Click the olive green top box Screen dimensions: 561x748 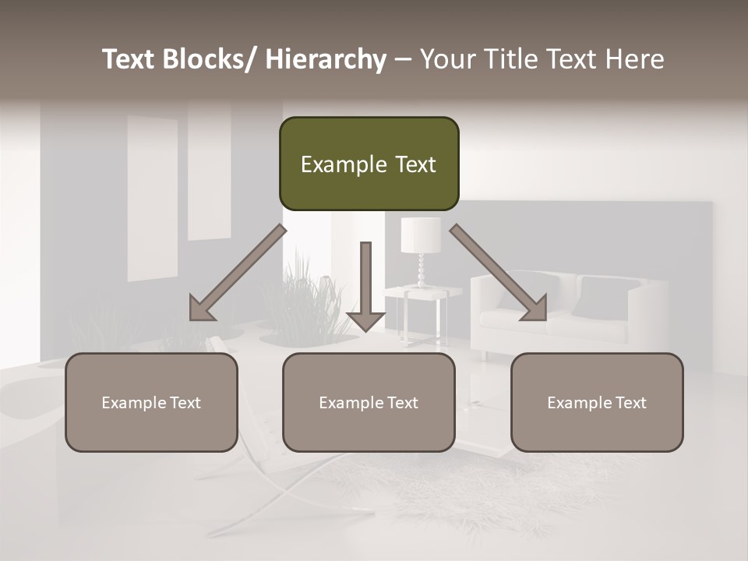tap(369, 164)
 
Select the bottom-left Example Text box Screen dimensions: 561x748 tap(151, 402)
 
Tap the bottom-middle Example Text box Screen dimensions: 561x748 tap(369, 402)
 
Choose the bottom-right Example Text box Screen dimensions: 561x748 tap(597, 402)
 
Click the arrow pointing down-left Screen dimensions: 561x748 tap(238, 272)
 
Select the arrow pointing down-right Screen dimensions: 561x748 tap(499, 272)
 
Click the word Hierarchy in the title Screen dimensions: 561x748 tap(326, 59)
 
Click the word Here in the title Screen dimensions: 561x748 tap(637, 59)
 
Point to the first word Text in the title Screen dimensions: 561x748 tap(129, 59)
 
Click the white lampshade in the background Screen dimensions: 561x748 tap(421, 235)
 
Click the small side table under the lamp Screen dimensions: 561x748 tap(422, 312)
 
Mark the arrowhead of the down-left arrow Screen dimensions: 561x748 tap(202, 309)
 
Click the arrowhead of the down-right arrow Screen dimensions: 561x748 tap(535, 309)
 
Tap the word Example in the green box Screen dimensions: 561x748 tap(333, 164)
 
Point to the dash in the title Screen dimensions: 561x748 tap(403, 59)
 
